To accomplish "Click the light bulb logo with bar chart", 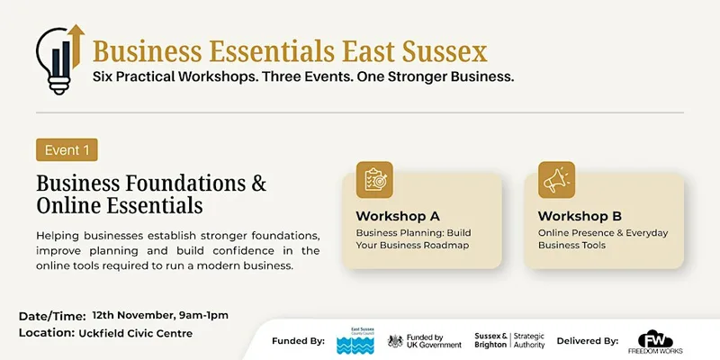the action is [x=59, y=59].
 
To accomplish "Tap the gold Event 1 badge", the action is [x=67, y=149].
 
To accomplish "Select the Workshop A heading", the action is [x=398, y=216].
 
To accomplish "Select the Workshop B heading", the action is [x=580, y=216].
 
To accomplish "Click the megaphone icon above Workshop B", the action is [x=556, y=180].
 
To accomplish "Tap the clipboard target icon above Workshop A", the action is [x=374, y=180].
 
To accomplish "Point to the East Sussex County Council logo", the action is [x=355, y=340].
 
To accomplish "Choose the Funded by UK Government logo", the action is [x=425, y=341].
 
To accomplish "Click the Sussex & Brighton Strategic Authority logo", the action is [x=509, y=340].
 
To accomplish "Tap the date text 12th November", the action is [x=133, y=316].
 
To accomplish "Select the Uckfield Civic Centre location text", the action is [x=136, y=333].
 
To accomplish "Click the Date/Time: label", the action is [x=52, y=317].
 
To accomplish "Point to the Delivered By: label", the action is [x=588, y=341].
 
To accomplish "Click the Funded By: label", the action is [x=299, y=341].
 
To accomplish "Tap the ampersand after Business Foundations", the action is [x=259, y=183].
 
